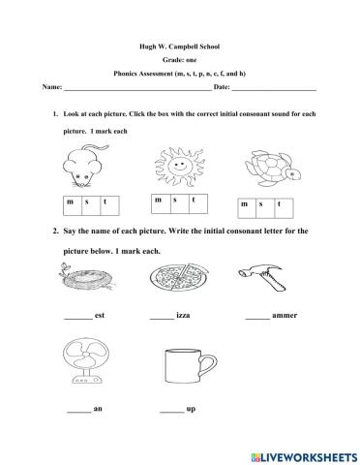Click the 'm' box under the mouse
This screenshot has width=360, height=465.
(70, 202)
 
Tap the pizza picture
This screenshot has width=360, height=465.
(174, 281)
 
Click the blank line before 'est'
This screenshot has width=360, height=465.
(76, 318)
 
